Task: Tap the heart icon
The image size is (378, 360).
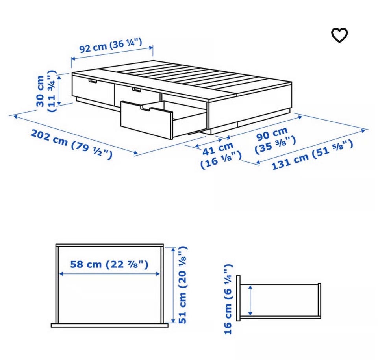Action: (x=339, y=35)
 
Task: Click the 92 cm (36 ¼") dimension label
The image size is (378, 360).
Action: (x=111, y=45)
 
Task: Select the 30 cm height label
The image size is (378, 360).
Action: (x=40, y=91)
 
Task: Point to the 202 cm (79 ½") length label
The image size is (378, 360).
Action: (x=72, y=144)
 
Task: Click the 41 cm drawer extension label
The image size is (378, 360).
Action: (x=218, y=148)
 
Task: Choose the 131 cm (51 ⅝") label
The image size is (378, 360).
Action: (x=312, y=155)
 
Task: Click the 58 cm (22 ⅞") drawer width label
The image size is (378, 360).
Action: (x=109, y=264)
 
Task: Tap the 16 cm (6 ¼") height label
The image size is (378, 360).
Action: (x=228, y=299)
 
